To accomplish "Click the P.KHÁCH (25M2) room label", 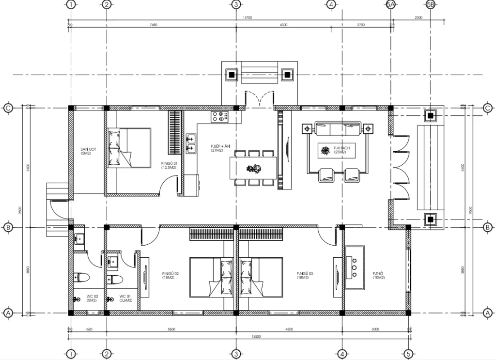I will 326,150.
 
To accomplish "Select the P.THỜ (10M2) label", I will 378,276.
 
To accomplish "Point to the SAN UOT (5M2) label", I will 89,151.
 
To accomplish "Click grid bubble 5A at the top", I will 391,5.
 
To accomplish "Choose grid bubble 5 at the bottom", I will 409,354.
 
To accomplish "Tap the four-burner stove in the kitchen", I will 220,116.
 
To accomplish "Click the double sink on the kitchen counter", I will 190,144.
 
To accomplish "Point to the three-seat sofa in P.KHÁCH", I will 338,129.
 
